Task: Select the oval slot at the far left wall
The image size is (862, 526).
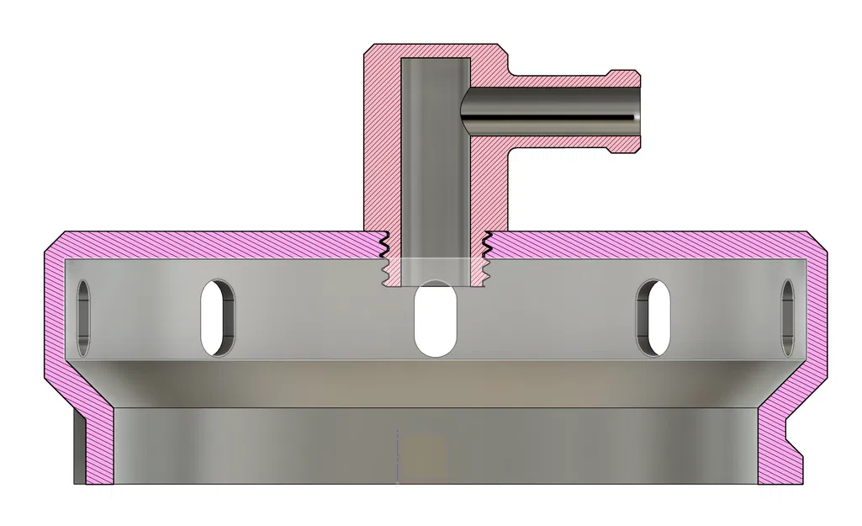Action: [x=83, y=317]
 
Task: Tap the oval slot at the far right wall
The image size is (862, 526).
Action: [x=788, y=317]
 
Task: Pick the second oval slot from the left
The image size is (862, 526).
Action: [x=217, y=317]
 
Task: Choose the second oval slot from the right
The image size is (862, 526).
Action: [x=653, y=317]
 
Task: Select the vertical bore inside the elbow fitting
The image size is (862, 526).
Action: [x=434, y=160]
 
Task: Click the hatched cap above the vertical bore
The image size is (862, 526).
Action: [x=434, y=51]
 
